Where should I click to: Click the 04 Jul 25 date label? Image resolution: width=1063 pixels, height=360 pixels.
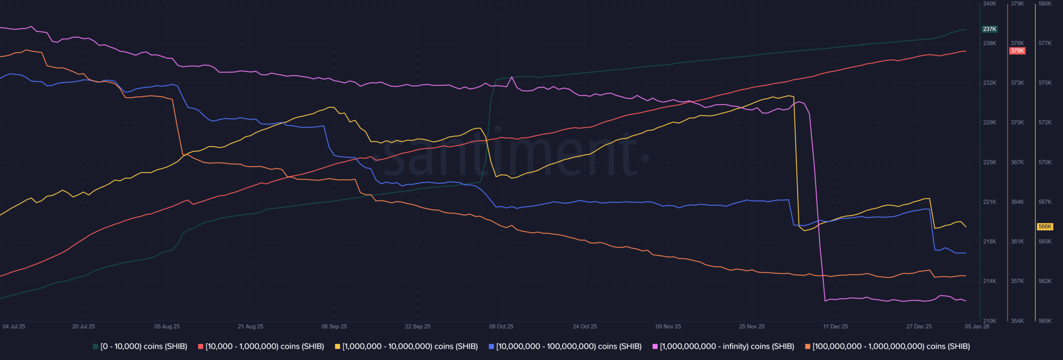click(14, 326)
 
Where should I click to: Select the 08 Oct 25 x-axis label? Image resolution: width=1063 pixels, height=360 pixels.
click(501, 326)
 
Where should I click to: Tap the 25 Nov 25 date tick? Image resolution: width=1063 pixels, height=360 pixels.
click(752, 326)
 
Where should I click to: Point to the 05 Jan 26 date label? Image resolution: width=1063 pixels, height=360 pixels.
click(977, 326)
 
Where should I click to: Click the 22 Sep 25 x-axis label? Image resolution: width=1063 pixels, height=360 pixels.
click(418, 326)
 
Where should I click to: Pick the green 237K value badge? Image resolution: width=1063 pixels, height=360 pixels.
click(990, 29)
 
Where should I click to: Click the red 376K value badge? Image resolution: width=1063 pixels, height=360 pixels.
click(1017, 51)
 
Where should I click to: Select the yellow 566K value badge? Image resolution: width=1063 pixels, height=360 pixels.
click(1045, 227)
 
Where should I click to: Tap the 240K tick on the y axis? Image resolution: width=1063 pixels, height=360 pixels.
click(990, 4)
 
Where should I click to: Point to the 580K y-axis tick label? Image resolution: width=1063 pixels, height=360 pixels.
click(1045, 4)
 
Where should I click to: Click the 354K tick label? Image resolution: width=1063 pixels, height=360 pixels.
click(1017, 321)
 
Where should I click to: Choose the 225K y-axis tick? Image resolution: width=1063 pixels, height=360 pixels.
click(990, 162)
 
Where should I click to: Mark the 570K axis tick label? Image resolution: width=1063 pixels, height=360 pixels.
click(1045, 162)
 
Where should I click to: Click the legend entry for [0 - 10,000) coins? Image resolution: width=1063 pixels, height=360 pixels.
click(140, 346)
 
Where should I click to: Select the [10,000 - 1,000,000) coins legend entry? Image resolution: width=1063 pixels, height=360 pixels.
click(261, 346)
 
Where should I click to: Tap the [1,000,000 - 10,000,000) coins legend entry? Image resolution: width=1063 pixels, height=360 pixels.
click(407, 346)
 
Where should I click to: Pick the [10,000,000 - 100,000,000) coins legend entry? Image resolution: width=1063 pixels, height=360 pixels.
click(565, 346)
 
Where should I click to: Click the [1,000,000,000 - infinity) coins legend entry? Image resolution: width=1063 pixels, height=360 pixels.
click(723, 346)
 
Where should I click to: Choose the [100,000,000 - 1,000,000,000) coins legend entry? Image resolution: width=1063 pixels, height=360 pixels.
click(888, 346)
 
